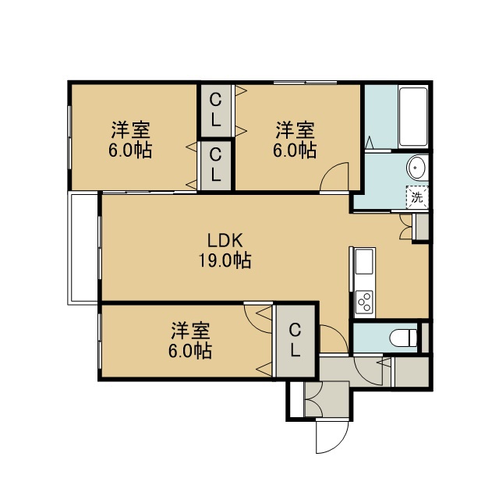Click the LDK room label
[225, 241]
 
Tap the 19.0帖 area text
[225, 260]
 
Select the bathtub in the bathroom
[412, 117]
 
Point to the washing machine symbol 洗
[417, 197]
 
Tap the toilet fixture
[403, 338]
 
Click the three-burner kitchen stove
[364, 302]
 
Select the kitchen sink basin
[364, 262]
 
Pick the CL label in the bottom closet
[295, 340]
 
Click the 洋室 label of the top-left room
[130, 129]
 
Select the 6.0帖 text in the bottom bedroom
[190, 351]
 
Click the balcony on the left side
[83, 248]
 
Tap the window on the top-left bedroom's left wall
[69, 137]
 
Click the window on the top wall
[305, 83]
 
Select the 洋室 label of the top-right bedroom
[295, 129]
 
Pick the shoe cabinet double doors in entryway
[313, 398]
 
